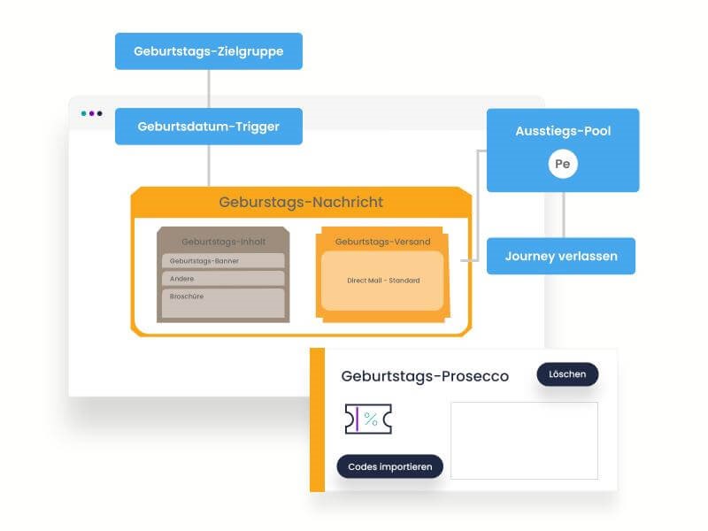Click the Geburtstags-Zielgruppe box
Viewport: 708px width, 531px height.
(x=209, y=51)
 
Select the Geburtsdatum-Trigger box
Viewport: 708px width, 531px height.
(x=209, y=127)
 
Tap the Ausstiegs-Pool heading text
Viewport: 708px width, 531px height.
(x=563, y=131)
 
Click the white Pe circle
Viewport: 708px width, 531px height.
(x=562, y=165)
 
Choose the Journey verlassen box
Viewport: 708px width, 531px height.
(x=561, y=256)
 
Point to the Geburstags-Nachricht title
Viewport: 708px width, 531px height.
(x=301, y=203)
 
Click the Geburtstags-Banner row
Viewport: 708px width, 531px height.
(x=223, y=261)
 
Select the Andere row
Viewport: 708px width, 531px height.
(x=223, y=278)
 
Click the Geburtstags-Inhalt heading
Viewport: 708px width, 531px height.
(x=223, y=241)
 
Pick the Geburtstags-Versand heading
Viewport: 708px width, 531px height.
(x=382, y=242)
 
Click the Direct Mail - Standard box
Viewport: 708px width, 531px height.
(x=382, y=281)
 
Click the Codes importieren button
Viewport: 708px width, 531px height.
(x=389, y=466)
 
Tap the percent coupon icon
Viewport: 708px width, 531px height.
(x=368, y=419)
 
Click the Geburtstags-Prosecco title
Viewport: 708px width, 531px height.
(x=425, y=376)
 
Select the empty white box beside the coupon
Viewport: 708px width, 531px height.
(x=524, y=441)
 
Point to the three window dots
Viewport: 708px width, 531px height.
(x=91, y=113)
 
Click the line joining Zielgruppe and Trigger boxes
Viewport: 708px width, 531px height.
(x=209, y=88)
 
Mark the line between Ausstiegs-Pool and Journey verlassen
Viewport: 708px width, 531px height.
(x=563, y=215)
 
